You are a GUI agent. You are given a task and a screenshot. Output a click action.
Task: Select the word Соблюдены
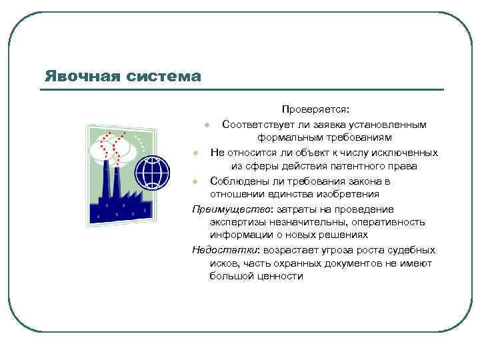pyautogui.click(x=237, y=181)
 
